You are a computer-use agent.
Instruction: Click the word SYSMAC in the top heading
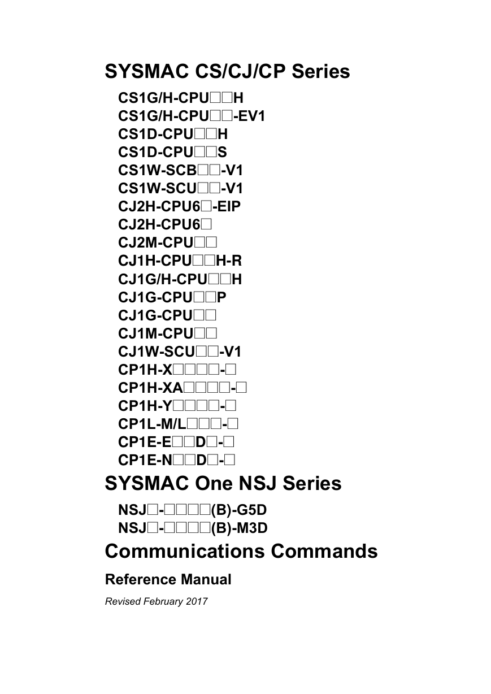tap(147, 71)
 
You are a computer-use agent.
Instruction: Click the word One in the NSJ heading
tap(214, 483)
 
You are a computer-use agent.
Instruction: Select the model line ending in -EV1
tap(192, 116)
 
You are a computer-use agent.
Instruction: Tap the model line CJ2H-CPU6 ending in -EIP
tap(179, 206)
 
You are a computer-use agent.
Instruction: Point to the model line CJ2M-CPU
tap(167, 242)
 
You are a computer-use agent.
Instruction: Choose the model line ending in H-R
tap(180, 261)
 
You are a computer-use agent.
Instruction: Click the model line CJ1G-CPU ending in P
tap(172, 297)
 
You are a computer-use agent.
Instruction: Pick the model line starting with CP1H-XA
tap(182, 388)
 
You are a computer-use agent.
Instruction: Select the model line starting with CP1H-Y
tap(177, 406)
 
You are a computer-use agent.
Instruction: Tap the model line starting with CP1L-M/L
tap(178, 424)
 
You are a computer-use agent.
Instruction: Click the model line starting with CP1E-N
tap(177, 460)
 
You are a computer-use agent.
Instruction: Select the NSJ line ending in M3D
tap(193, 528)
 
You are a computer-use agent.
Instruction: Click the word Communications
tap(185, 551)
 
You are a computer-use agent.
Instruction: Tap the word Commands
tap(324, 551)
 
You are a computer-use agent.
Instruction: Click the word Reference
tap(141, 579)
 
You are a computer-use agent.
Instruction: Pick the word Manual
tap(206, 579)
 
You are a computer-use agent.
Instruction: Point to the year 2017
tap(197, 601)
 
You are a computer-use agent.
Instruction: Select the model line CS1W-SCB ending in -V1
tap(180, 170)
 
